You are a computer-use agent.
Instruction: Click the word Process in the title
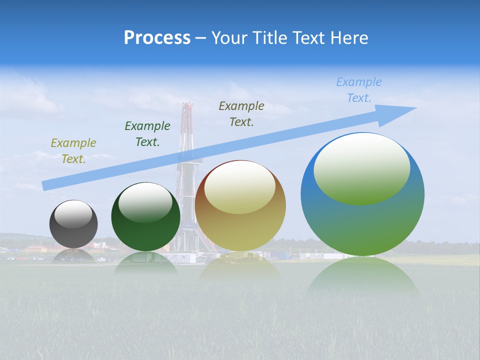click(x=157, y=37)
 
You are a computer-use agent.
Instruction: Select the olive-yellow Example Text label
click(x=73, y=151)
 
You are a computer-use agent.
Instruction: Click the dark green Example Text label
click(x=147, y=134)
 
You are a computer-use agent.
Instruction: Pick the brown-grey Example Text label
click(x=241, y=114)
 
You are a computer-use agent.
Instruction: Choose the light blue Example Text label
click(x=358, y=90)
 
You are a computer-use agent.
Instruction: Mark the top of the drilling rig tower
click(x=188, y=106)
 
